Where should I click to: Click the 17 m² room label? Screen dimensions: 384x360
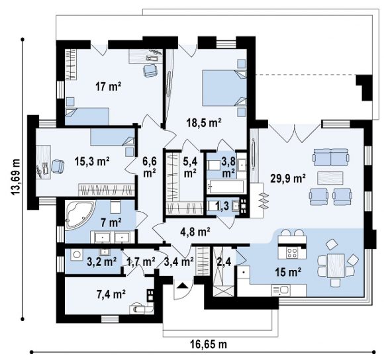click(x=108, y=87)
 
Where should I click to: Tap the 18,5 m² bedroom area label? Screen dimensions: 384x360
click(x=204, y=122)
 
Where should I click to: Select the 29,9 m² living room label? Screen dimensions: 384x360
click(x=288, y=179)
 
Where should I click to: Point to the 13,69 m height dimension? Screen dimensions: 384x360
click(x=15, y=177)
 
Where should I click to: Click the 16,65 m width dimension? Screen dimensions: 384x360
click(x=209, y=344)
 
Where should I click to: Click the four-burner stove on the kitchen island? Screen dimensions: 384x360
click(x=292, y=253)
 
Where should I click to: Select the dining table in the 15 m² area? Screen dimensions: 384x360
click(x=336, y=265)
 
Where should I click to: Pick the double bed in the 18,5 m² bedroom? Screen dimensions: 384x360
click(x=224, y=88)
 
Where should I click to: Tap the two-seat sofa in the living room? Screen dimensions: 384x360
click(x=330, y=157)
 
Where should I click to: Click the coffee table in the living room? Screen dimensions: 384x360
click(x=330, y=178)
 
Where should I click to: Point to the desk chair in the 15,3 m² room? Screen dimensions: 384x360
click(x=58, y=166)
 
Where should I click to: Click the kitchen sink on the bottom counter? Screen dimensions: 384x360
click(x=281, y=291)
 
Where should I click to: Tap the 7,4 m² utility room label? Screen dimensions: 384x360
click(x=111, y=294)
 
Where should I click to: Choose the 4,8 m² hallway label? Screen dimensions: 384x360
click(x=195, y=232)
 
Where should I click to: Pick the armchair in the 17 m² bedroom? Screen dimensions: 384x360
click(x=150, y=71)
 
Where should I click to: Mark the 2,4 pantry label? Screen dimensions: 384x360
click(x=224, y=262)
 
